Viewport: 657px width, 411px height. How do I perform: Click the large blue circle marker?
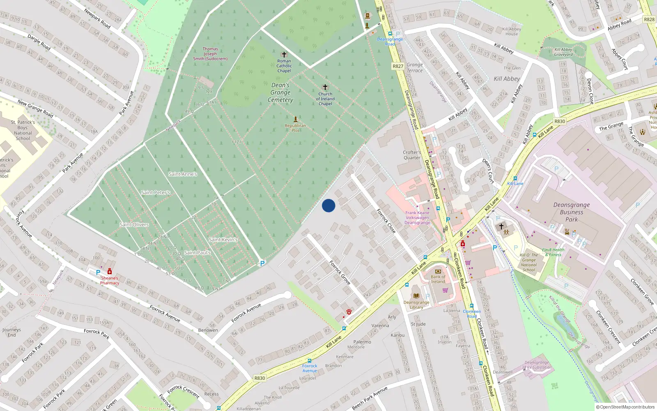[328, 205]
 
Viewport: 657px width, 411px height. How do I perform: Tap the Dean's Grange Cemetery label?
[280, 92]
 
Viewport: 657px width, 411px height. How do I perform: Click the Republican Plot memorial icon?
[295, 119]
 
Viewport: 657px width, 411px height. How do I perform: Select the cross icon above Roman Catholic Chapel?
[284, 54]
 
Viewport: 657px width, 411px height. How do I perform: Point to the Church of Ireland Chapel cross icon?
[325, 87]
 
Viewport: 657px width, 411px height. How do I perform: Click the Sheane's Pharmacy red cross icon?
[110, 272]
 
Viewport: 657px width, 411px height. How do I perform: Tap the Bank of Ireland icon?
[438, 271]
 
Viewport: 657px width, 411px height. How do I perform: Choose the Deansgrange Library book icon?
[416, 296]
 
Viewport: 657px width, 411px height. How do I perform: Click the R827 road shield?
[398, 66]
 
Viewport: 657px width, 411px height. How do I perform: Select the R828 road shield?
[649, 19]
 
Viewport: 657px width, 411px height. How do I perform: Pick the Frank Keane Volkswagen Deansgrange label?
[417, 218]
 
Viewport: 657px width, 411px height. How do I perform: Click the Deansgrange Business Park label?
[571, 212]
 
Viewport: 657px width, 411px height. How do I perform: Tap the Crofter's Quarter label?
[412, 155]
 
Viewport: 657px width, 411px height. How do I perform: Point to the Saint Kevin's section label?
[223, 240]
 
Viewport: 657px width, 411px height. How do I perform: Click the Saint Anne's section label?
[183, 174]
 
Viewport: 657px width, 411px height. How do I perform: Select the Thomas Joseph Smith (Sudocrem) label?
[210, 54]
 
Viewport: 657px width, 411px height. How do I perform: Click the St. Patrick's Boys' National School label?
[23, 130]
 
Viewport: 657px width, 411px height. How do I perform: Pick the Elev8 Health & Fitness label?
[553, 252]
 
